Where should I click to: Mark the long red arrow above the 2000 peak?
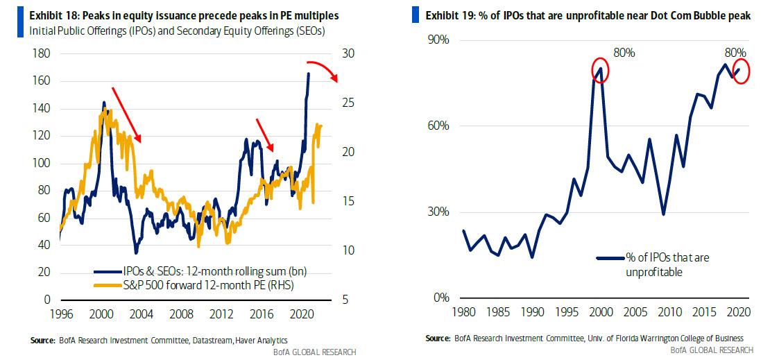click(126, 115)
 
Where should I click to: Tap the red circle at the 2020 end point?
click(742, 71)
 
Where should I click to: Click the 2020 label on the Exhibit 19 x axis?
click(742, 313)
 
